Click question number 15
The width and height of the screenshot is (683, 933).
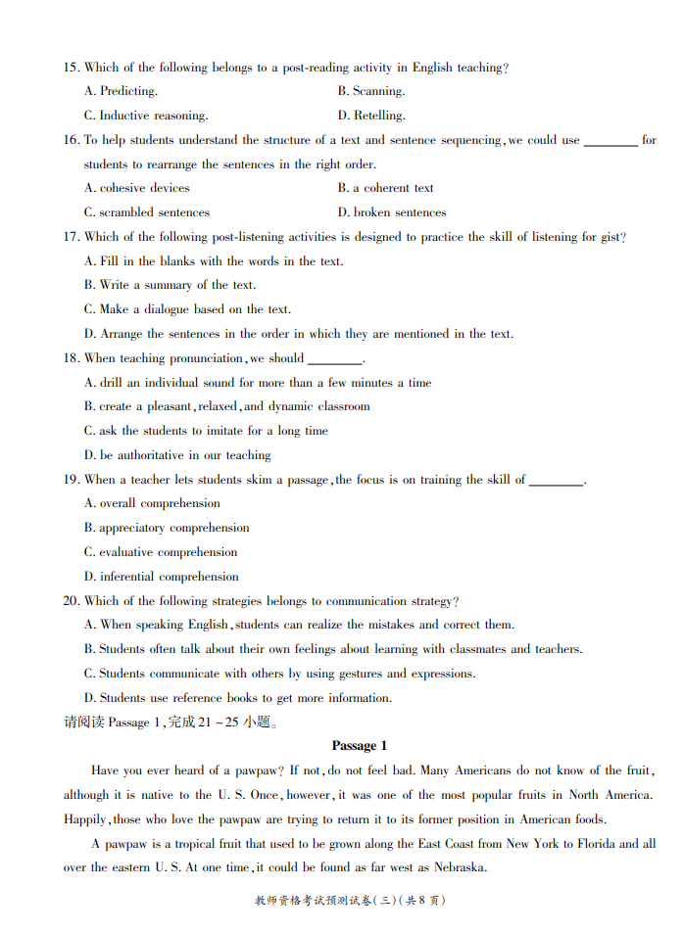(x=71, y=68)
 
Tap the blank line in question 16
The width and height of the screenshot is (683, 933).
(x=610, y=142)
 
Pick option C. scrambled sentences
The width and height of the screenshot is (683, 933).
(x=147, y=212)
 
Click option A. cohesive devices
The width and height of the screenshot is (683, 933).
(x=137, y=188)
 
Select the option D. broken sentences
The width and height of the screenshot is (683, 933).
(x=392, y=212)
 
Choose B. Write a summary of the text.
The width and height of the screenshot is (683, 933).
(x=170, y=285)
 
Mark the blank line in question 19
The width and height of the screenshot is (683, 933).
(x=556, y=482)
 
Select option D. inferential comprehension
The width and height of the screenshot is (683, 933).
(x=162, y=577)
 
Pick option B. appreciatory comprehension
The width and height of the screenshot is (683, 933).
(x=167, y=528)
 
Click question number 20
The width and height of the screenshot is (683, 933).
(x=71, y=601)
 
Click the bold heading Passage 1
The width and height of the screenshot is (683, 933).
(x=360, y=746)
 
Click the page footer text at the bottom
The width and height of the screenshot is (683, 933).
(x=350, y=901)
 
